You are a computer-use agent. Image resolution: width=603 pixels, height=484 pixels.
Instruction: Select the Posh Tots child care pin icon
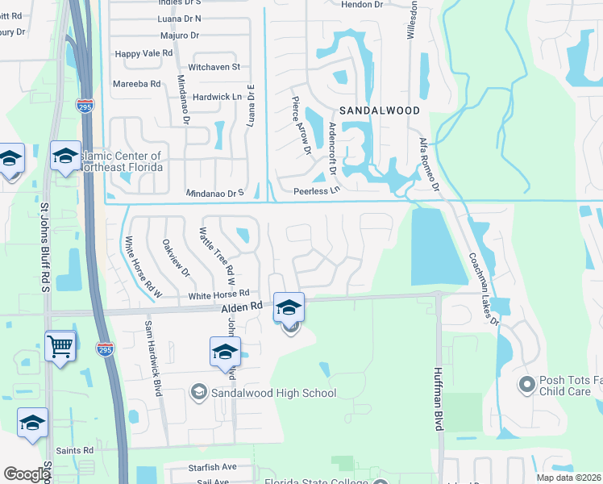(526, 384)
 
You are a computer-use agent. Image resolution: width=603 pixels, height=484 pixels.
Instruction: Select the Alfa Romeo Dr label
(428, 166)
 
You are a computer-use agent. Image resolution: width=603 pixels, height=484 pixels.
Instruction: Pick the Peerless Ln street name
(318, 191)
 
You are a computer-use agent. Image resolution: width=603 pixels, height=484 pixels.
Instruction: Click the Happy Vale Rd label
(144, 53)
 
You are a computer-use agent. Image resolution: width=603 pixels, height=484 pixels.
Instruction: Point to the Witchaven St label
(214, 67)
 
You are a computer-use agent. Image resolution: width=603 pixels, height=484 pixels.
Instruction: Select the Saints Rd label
(75, 450)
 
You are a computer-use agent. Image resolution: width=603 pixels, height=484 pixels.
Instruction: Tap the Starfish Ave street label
(213, 466)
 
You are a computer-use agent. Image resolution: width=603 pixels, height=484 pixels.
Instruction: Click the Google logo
(27, 474)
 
